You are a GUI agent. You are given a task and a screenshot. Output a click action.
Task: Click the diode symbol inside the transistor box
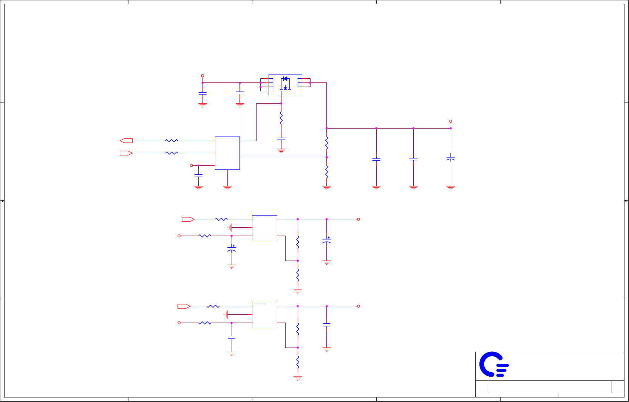(285, 79)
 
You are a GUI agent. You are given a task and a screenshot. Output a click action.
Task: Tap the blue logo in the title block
(494, 365)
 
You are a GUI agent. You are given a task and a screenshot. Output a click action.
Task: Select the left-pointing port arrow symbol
(126, 141)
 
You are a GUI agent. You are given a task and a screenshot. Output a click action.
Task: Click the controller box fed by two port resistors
(227, 153)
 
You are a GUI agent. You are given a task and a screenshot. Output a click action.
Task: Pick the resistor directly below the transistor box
(281, 118)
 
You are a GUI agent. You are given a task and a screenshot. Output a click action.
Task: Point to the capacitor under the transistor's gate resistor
(281, 139)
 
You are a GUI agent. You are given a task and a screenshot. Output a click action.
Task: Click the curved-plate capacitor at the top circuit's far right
(451, 158)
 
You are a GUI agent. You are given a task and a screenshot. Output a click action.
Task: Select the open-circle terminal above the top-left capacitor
(202, 76)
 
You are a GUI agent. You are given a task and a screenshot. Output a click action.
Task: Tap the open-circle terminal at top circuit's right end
(451, 121)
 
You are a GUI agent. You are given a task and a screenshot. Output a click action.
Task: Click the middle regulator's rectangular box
(264, 228)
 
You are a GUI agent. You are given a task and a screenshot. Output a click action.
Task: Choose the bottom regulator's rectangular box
(264, 314)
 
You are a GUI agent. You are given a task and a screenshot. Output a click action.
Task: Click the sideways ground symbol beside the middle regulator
(230, 228)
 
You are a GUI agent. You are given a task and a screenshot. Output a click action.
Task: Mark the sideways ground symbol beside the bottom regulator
(226, 314)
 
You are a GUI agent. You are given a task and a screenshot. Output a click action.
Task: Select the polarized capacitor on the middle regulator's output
(327, 240)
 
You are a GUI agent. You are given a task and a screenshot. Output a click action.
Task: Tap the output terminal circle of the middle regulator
(359, 219)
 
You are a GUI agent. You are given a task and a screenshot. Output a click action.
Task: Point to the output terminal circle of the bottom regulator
(359, 306)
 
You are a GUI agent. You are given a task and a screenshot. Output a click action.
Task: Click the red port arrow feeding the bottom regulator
(184, 306)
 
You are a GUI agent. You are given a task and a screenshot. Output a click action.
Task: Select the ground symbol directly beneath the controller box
(227, 187)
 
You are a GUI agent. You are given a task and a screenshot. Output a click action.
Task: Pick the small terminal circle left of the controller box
(192, 166)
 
